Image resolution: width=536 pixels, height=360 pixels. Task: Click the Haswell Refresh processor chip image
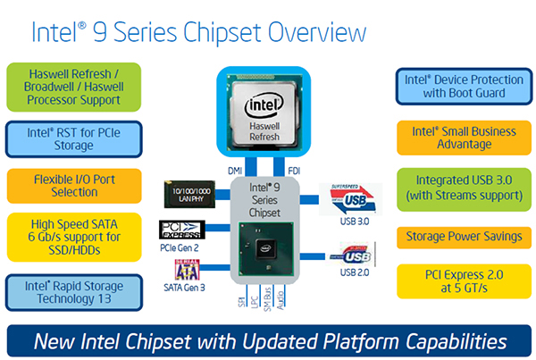(268, 115)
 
